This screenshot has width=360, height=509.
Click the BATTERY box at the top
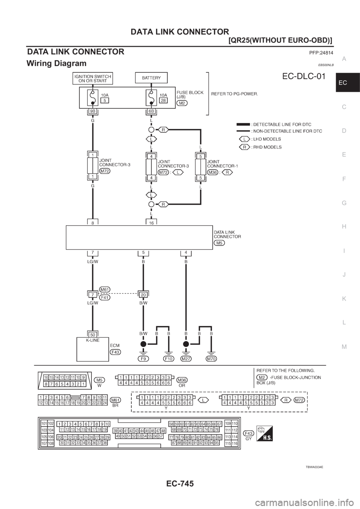pyautogui.click(x=151, y=78)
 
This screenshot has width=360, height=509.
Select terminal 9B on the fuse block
pyautogui.click(x=92, y=111)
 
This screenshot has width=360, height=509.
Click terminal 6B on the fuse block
pyautogui.click(x=151, y=111)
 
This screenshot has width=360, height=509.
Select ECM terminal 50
pyautogui.click(x=92, y=334)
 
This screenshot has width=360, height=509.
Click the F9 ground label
pyautogui.click(x=142, y=359)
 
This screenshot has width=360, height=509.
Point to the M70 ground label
pyautogui.click(x=211, y=359)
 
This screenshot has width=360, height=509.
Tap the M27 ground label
pyautogui.click(x=186, y=359)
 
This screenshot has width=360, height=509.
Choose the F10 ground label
pyautogui.click(x=169, y=359)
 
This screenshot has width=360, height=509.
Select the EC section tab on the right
pyautogui.click(x=347, y=83)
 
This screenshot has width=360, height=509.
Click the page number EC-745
pyautogui.click(x=180, y=484)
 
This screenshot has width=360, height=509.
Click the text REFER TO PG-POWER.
pyautogui.click(x=235, y=94)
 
